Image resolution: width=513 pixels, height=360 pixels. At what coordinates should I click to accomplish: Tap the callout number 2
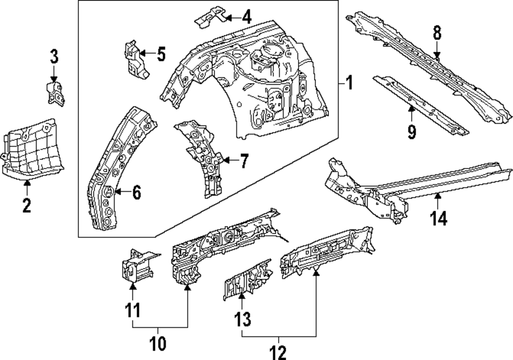pyautogui.click(x=27, y=206)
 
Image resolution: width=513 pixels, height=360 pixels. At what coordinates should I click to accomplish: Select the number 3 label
pyautogui.click(x=54, y=56)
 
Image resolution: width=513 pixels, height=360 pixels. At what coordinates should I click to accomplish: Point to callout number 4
pyautogui.click(x=246, y=17)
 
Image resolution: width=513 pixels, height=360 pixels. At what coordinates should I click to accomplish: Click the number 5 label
pyautogui.click(x=161, y=53)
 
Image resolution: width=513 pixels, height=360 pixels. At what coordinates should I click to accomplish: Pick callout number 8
pyautogui.click(x=437, y=33)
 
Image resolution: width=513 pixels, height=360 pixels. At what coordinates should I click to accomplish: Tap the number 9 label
pyautogui.click(x=411, y=132)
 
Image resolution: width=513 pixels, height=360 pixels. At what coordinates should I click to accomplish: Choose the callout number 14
pyautogui.click(x=439, y=218)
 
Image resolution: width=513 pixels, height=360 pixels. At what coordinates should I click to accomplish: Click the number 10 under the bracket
pyautogui.click(x=158, y=343)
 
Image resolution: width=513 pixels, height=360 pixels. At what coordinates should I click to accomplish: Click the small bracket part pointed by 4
pyautogui.click(x=210, y=15)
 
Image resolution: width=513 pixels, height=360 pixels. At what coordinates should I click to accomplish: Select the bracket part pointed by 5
pyautogui.click(x=134, y=59)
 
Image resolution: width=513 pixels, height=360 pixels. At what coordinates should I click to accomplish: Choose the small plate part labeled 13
pyautogui.click(x=246, y=279)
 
